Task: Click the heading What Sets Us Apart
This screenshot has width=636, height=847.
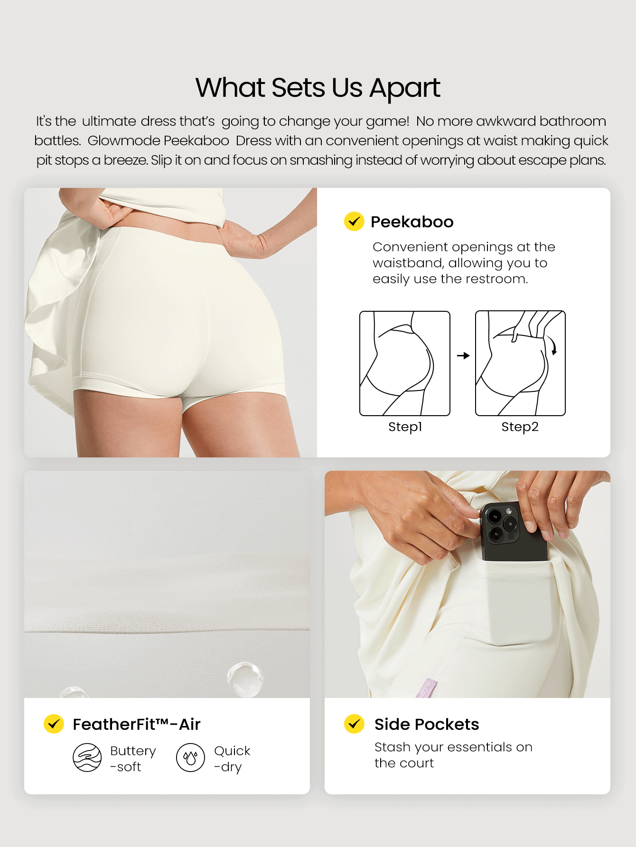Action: click(x=318, y=88)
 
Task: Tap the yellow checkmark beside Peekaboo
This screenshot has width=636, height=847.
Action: click(x=354, y=221)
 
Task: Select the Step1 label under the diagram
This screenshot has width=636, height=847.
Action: click(x=405, y=427)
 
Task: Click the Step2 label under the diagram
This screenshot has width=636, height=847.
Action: click(x=520, y=427)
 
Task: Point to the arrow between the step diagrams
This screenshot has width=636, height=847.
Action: click(x=463, y=355)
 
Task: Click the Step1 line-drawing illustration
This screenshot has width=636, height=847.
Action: click(x=405, y=363)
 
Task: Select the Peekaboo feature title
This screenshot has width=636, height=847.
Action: click(x=412, y=222)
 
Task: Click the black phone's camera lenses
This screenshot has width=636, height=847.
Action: click(x=501, y=523)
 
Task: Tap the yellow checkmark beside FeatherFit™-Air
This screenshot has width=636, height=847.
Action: click(x=54, y=724)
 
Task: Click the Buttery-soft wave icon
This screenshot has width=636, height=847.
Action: click(x=87, y=757)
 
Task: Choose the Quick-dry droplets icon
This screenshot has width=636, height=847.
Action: click(x=190, y=757)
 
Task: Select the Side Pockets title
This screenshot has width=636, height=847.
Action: click(x=427, y=724)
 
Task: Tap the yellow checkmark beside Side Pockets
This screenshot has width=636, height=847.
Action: click(x=354, y=724)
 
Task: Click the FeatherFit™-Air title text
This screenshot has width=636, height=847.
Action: click(x=137, y=724)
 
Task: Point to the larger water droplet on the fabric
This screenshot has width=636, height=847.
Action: click(x=245, y=679)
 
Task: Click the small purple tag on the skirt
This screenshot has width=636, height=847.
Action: click(x=426, y=688)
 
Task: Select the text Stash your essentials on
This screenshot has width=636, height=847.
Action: click(x=453, y=747)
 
